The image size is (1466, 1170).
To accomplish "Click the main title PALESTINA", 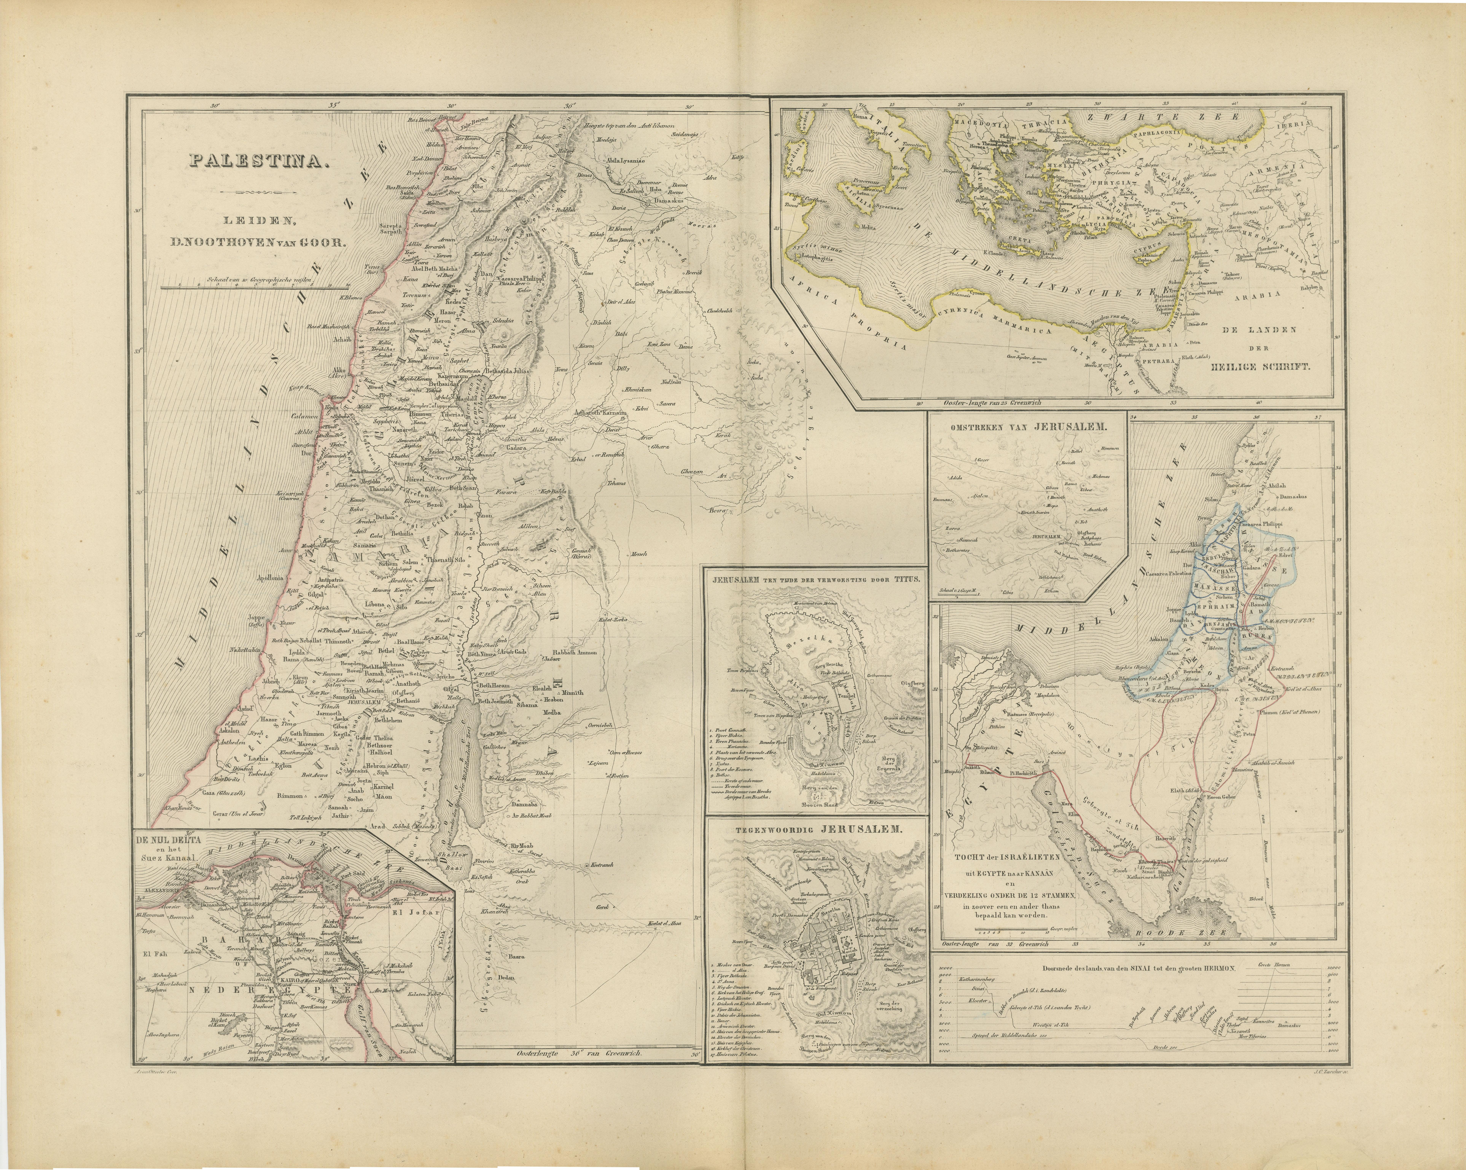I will pos(258,161).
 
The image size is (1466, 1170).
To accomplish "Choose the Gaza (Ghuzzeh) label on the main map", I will pos(223,792).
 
